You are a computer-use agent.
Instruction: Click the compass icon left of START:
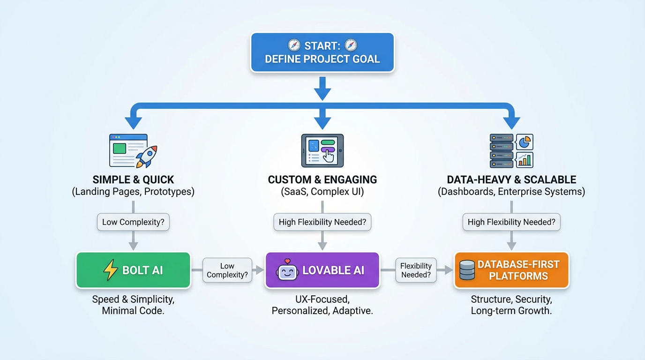294,45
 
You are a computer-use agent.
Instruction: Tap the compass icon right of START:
351,45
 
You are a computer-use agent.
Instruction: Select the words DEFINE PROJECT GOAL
322,60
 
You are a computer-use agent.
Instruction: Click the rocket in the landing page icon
147,156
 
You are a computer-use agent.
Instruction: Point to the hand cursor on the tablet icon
329,156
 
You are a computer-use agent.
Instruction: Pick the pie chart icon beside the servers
525,142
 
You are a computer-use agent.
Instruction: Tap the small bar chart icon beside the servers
525,160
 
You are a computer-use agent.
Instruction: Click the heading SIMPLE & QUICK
133,180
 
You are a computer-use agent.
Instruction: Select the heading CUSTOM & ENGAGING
322,180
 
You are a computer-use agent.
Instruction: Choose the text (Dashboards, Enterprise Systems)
511,192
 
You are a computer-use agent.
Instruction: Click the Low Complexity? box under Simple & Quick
133,222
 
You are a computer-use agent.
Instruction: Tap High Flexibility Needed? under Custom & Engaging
322,222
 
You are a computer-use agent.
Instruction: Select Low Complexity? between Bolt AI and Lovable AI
227,270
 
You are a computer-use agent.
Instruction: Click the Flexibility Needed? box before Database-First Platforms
416,270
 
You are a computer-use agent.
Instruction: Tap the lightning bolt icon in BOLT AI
111,270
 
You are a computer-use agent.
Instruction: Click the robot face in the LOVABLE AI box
287,270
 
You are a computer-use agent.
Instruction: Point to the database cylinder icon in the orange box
467,270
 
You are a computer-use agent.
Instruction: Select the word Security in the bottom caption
535,299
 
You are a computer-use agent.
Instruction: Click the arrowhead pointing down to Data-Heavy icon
511,123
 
